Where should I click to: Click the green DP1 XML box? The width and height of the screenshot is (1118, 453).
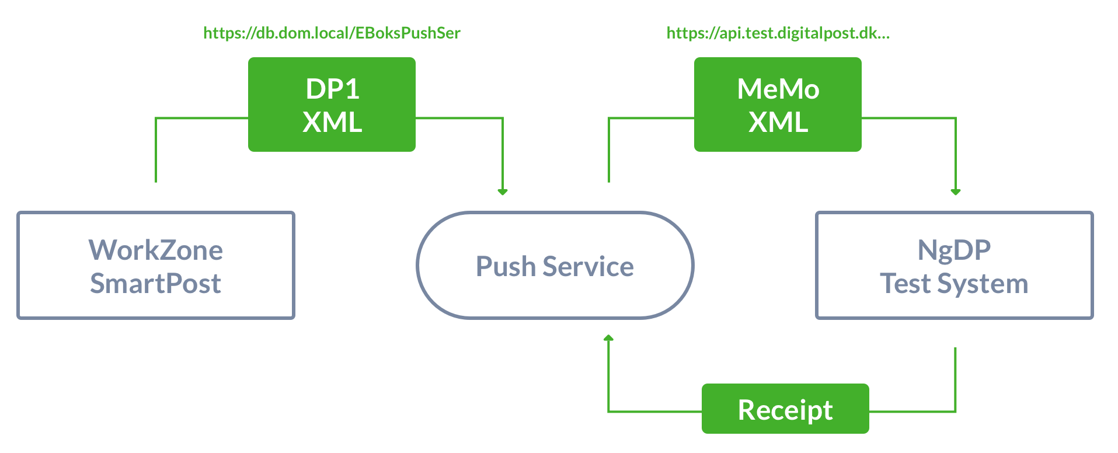pos(332,104)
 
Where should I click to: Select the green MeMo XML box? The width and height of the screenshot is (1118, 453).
pos(778,104)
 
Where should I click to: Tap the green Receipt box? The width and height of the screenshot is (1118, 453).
pos(785,409)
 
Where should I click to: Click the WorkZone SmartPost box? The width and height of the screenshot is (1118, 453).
pos(156,266)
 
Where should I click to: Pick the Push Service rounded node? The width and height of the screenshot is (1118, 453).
pos(555,266)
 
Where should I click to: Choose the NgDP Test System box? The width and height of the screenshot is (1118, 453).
pos(954,266)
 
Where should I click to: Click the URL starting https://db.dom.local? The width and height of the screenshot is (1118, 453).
pos(332,33)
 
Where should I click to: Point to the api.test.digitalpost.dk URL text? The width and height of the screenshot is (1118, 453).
pos(778,33)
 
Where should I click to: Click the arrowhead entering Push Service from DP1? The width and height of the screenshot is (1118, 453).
pos(503,191)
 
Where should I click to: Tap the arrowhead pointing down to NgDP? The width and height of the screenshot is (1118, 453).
pos(956,191)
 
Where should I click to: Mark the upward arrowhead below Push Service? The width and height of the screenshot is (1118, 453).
pos(608,338)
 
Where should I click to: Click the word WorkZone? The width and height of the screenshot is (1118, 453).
pos(156,250)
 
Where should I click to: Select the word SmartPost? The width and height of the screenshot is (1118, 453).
pos(156,284)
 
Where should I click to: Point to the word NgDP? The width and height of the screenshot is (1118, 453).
pos(954,250)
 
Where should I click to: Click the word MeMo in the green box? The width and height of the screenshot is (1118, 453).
pos(778,89)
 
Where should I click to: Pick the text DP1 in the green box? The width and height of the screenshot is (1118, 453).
pos(332,89)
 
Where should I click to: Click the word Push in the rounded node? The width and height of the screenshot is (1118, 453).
pos(506,267)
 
